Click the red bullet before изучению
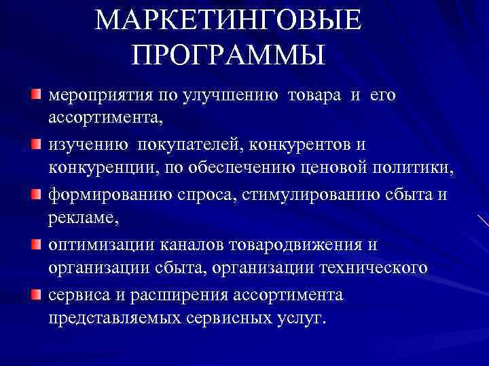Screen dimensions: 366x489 pyautogui.click(x=35, y=144)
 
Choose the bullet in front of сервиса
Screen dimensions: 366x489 pyautogui.click(x=35, y=294)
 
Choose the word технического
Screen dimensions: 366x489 pyautogui.click(x=370, y=268)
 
